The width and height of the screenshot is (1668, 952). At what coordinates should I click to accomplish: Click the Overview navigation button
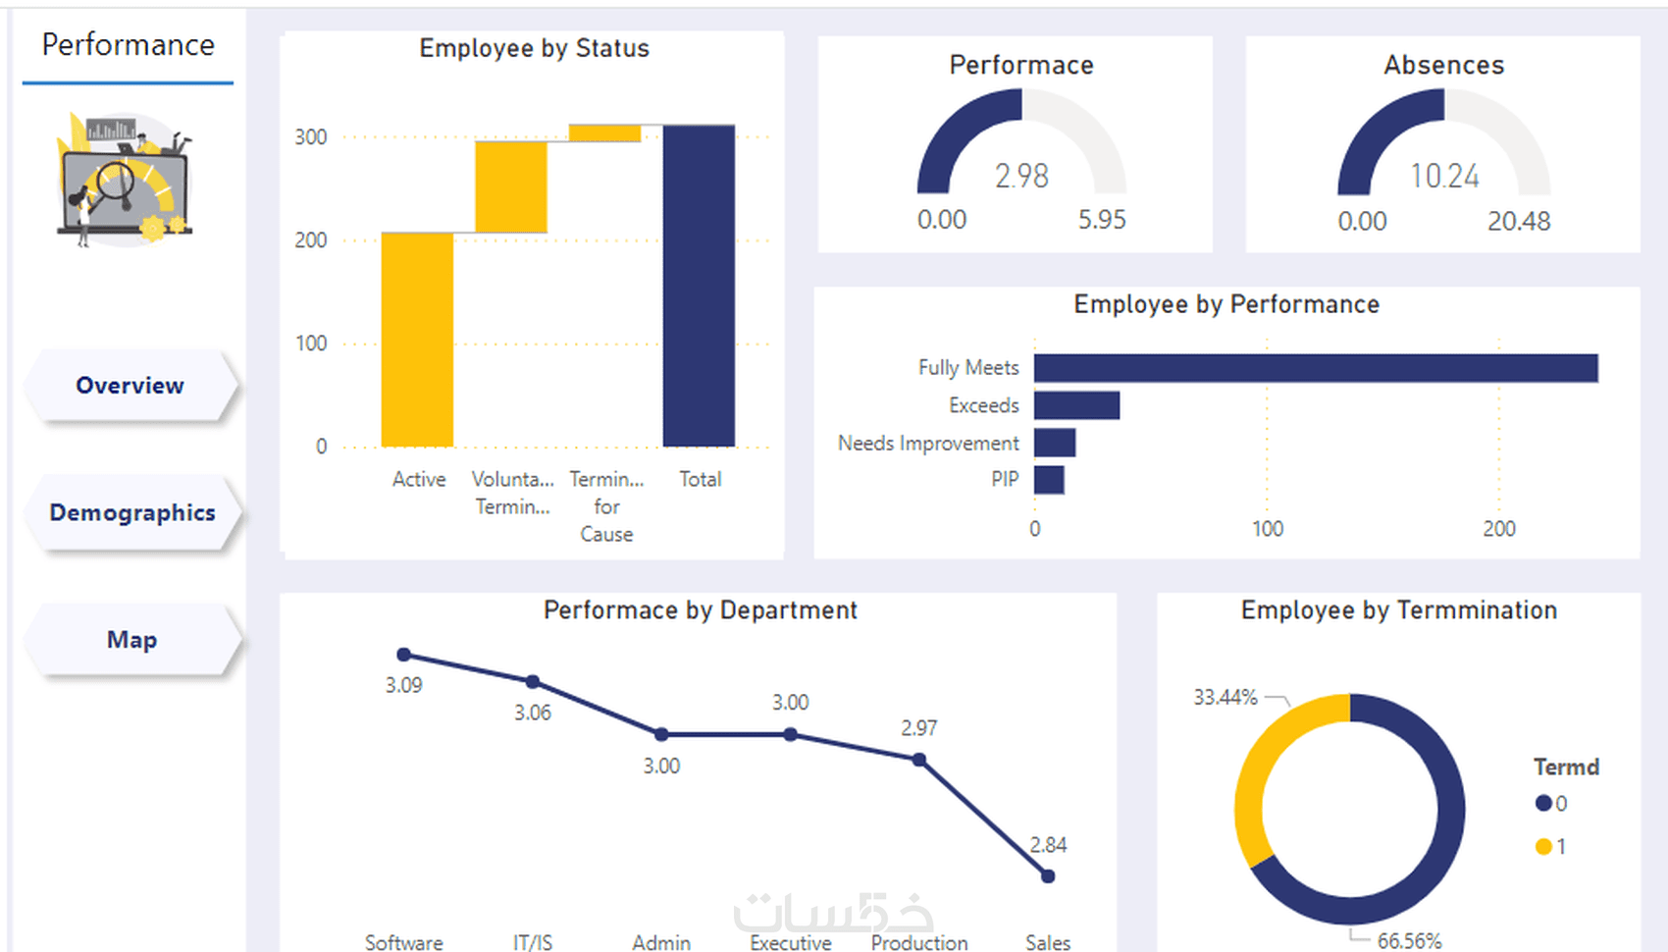130,385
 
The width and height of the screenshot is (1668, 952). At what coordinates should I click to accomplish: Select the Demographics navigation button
131,512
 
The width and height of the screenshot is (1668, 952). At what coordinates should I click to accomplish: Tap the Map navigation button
131,639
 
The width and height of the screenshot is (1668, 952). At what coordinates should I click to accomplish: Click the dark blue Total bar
699,286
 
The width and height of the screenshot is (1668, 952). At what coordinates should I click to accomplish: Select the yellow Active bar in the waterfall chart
417,340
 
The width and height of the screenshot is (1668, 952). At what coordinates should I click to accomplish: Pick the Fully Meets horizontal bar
1316,368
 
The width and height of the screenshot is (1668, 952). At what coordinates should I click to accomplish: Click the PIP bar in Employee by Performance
1049,480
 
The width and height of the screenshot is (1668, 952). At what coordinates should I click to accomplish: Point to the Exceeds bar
1076,405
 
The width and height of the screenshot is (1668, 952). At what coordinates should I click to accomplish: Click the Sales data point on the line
1048,876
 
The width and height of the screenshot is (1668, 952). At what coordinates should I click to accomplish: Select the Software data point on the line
403,654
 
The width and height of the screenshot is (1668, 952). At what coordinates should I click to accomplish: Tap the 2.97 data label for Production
919,728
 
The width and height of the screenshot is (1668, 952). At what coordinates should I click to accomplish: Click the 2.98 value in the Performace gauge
1021,177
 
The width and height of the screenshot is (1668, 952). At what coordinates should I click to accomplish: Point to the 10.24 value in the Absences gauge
1444,177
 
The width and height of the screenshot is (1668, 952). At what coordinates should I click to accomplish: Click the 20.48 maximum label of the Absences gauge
1519,221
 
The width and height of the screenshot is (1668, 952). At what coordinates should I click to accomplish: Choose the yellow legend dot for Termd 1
1542,846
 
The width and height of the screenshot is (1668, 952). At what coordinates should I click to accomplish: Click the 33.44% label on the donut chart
1225,697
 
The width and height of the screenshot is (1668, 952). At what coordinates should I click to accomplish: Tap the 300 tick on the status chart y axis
310,137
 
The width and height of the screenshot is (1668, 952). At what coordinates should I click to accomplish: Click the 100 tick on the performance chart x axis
1268,529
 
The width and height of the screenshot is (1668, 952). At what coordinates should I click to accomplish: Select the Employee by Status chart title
534,48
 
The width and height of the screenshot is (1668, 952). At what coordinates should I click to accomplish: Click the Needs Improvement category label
928,444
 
